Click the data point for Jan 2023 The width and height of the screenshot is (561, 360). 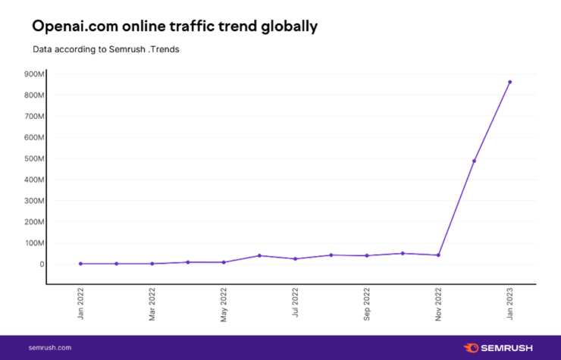click(x=509, y=82)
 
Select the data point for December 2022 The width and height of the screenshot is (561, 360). click(x=474, y=161)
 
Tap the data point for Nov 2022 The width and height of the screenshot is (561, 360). click(x=438, y=255)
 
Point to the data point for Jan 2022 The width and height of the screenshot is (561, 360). click(x=80, y=264)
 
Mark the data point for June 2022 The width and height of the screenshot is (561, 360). click(x=259, y=255)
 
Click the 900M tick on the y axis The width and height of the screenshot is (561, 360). click(x=35, y=74)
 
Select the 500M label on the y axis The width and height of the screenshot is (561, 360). click(x=35, y=159)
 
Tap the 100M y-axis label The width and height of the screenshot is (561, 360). click(x=35, y=243)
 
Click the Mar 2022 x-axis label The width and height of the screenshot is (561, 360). click(x=152, y=305)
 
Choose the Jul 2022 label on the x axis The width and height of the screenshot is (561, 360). click(x=295, y=305)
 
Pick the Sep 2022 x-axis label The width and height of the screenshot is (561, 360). click(x=367, y=305)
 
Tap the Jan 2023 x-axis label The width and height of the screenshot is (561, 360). click(x=509, y=305)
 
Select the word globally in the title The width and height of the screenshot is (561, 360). click(x=286, y=27)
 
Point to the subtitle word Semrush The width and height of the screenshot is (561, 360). click(x=126, y=49)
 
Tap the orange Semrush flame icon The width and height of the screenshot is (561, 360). click(x=471, y=347)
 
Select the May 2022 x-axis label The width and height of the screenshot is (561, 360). click(x=224, y=305)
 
